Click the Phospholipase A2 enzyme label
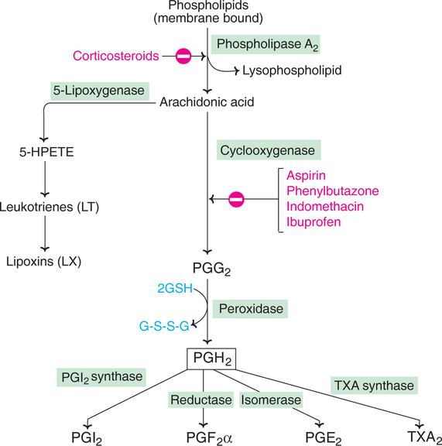click(266, 44)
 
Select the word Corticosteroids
click(116, 56)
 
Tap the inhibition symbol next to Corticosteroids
click(183, 56)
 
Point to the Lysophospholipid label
click(292, 70)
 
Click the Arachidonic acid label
click(207, 102)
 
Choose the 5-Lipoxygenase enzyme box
click(100, 91)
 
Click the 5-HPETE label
click(46, 152)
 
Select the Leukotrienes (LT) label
click(50, 207)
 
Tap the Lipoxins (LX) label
click(44, 262)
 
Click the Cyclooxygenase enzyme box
click(269, 150)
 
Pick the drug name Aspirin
click(306, 176)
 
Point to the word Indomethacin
click(325, 206)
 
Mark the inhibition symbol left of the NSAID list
click(236, 199)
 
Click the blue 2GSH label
click(175, 288)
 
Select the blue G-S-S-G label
click(164, 326)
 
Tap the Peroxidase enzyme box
click(251, 309)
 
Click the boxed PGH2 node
click(211, 359)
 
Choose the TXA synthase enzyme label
click(374, 386)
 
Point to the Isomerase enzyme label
click(271, 400)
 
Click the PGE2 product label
click(323, 437)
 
